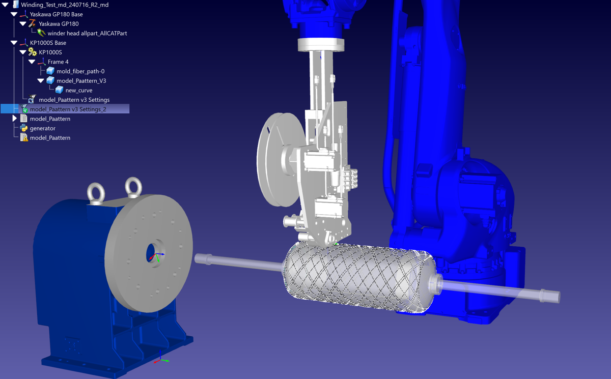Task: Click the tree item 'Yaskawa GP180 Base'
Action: click(56, 14)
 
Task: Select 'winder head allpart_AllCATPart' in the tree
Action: click(87, 33)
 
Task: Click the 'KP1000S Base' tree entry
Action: click(48, 43)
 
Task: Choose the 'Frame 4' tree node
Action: click(58, 62)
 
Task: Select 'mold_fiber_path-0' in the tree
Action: click(80, 71)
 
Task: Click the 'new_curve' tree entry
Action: click(79, 91)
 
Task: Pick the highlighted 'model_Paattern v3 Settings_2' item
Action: click(68, 109)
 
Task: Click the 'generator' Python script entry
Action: click(43, 128)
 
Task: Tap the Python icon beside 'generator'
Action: click(24, 128)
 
